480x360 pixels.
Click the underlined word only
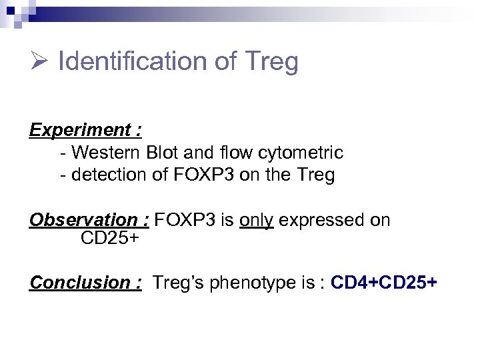256,220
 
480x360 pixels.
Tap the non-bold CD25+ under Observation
109,238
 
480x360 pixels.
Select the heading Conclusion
85,283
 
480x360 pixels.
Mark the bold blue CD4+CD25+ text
384,283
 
